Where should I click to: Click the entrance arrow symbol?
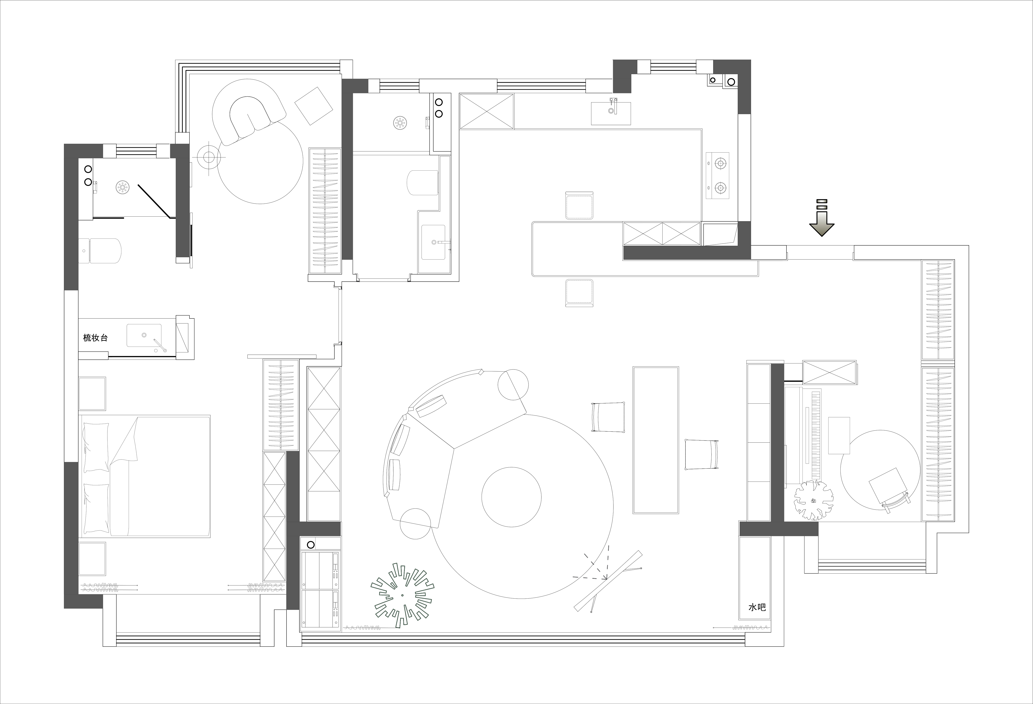click(x=821, y=218)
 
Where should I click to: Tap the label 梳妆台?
click(x=96, y=338)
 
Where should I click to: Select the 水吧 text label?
click(x=757, y=608)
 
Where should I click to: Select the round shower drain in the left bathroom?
click(x=123, y=187)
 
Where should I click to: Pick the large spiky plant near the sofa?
click(x=402, y=595)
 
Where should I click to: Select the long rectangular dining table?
click(x=656, y=440)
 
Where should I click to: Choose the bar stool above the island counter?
click(x=580, y=205)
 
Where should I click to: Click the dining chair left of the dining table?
click(x=608, y=417)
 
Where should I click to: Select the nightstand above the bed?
click(x=92, y=394)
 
